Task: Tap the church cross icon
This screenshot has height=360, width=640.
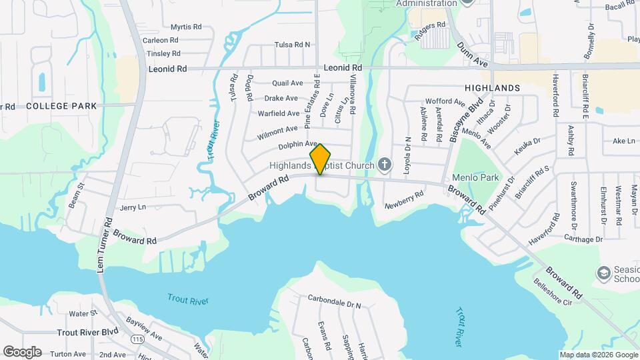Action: pos(384,164)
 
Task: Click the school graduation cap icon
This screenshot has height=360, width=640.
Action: pos(603,273)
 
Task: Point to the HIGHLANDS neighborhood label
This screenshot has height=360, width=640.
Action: pos(492,88)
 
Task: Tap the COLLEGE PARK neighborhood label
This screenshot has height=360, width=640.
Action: pos(61,106)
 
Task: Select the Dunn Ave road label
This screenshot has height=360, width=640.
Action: pos(473,54)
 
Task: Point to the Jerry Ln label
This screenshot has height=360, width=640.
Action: pos(132,208)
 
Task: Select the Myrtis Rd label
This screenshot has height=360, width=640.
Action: pos(186,27)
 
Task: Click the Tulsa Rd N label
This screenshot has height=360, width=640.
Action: pos(293,45)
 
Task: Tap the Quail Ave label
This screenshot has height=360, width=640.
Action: pos(287,83)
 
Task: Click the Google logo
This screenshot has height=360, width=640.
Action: pos(22,351)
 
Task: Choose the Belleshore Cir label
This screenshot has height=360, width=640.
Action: pos(553,292)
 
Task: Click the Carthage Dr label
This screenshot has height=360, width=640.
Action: pos(583,239)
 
